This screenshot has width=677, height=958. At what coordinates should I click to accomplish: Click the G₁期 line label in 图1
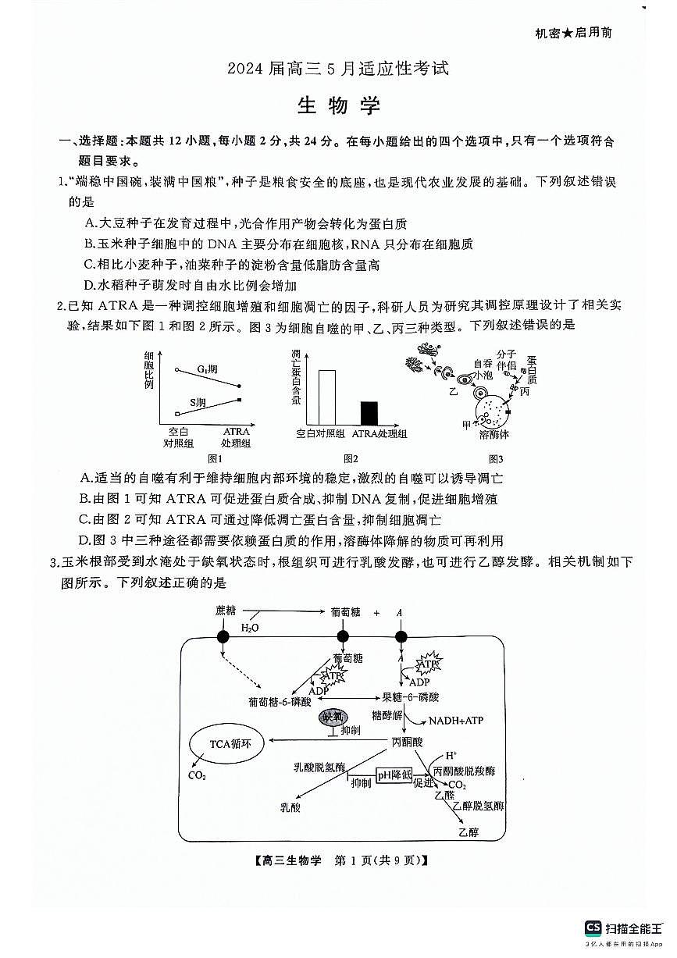[206, 368]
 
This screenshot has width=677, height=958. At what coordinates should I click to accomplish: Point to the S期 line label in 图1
[198, 403]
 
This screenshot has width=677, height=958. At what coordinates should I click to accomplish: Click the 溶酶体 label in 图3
[494, 434]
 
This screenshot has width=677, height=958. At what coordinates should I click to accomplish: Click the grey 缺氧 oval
[333, 716]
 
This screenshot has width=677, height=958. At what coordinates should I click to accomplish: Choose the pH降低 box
[395, 775]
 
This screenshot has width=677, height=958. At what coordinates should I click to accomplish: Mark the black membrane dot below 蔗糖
[223, 637]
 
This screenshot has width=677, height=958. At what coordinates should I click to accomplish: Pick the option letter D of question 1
[89, 285]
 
